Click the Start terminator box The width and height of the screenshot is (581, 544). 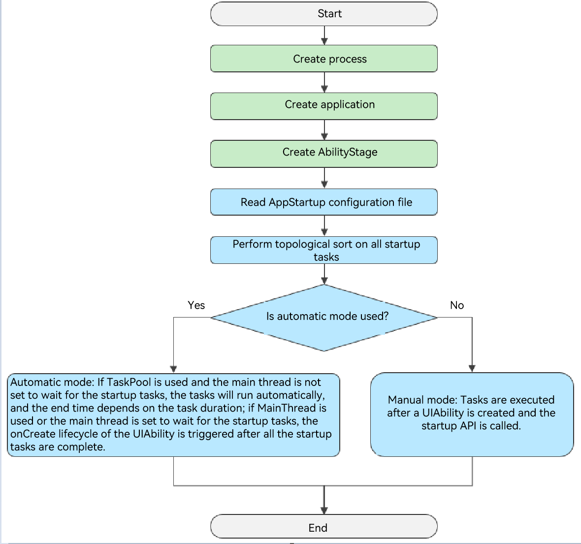coord(324,14)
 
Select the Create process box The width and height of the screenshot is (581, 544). coord(324,59)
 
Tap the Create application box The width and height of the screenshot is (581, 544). coord(324,106)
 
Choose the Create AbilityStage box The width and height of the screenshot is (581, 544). coord(324,154)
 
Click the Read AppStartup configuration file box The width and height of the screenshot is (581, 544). coord(324,202)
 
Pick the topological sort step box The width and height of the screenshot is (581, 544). coord(324,250)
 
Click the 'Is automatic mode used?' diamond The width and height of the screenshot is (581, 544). coord(324,318)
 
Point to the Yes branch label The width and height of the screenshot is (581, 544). coord(196,305)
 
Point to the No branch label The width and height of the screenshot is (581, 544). coord(457,305)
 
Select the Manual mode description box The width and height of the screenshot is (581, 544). coord(472,415)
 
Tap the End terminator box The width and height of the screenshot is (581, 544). coord(324,526)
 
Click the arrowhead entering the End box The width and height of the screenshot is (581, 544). coord(324,511)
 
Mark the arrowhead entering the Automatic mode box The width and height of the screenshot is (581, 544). coord(173,369)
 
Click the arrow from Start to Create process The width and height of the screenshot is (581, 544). coord(324,35)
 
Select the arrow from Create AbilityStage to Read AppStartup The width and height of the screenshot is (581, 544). coord(324,178)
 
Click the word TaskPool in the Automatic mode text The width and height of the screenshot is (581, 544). coord(129,382)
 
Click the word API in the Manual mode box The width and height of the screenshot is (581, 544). coord(468,425)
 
